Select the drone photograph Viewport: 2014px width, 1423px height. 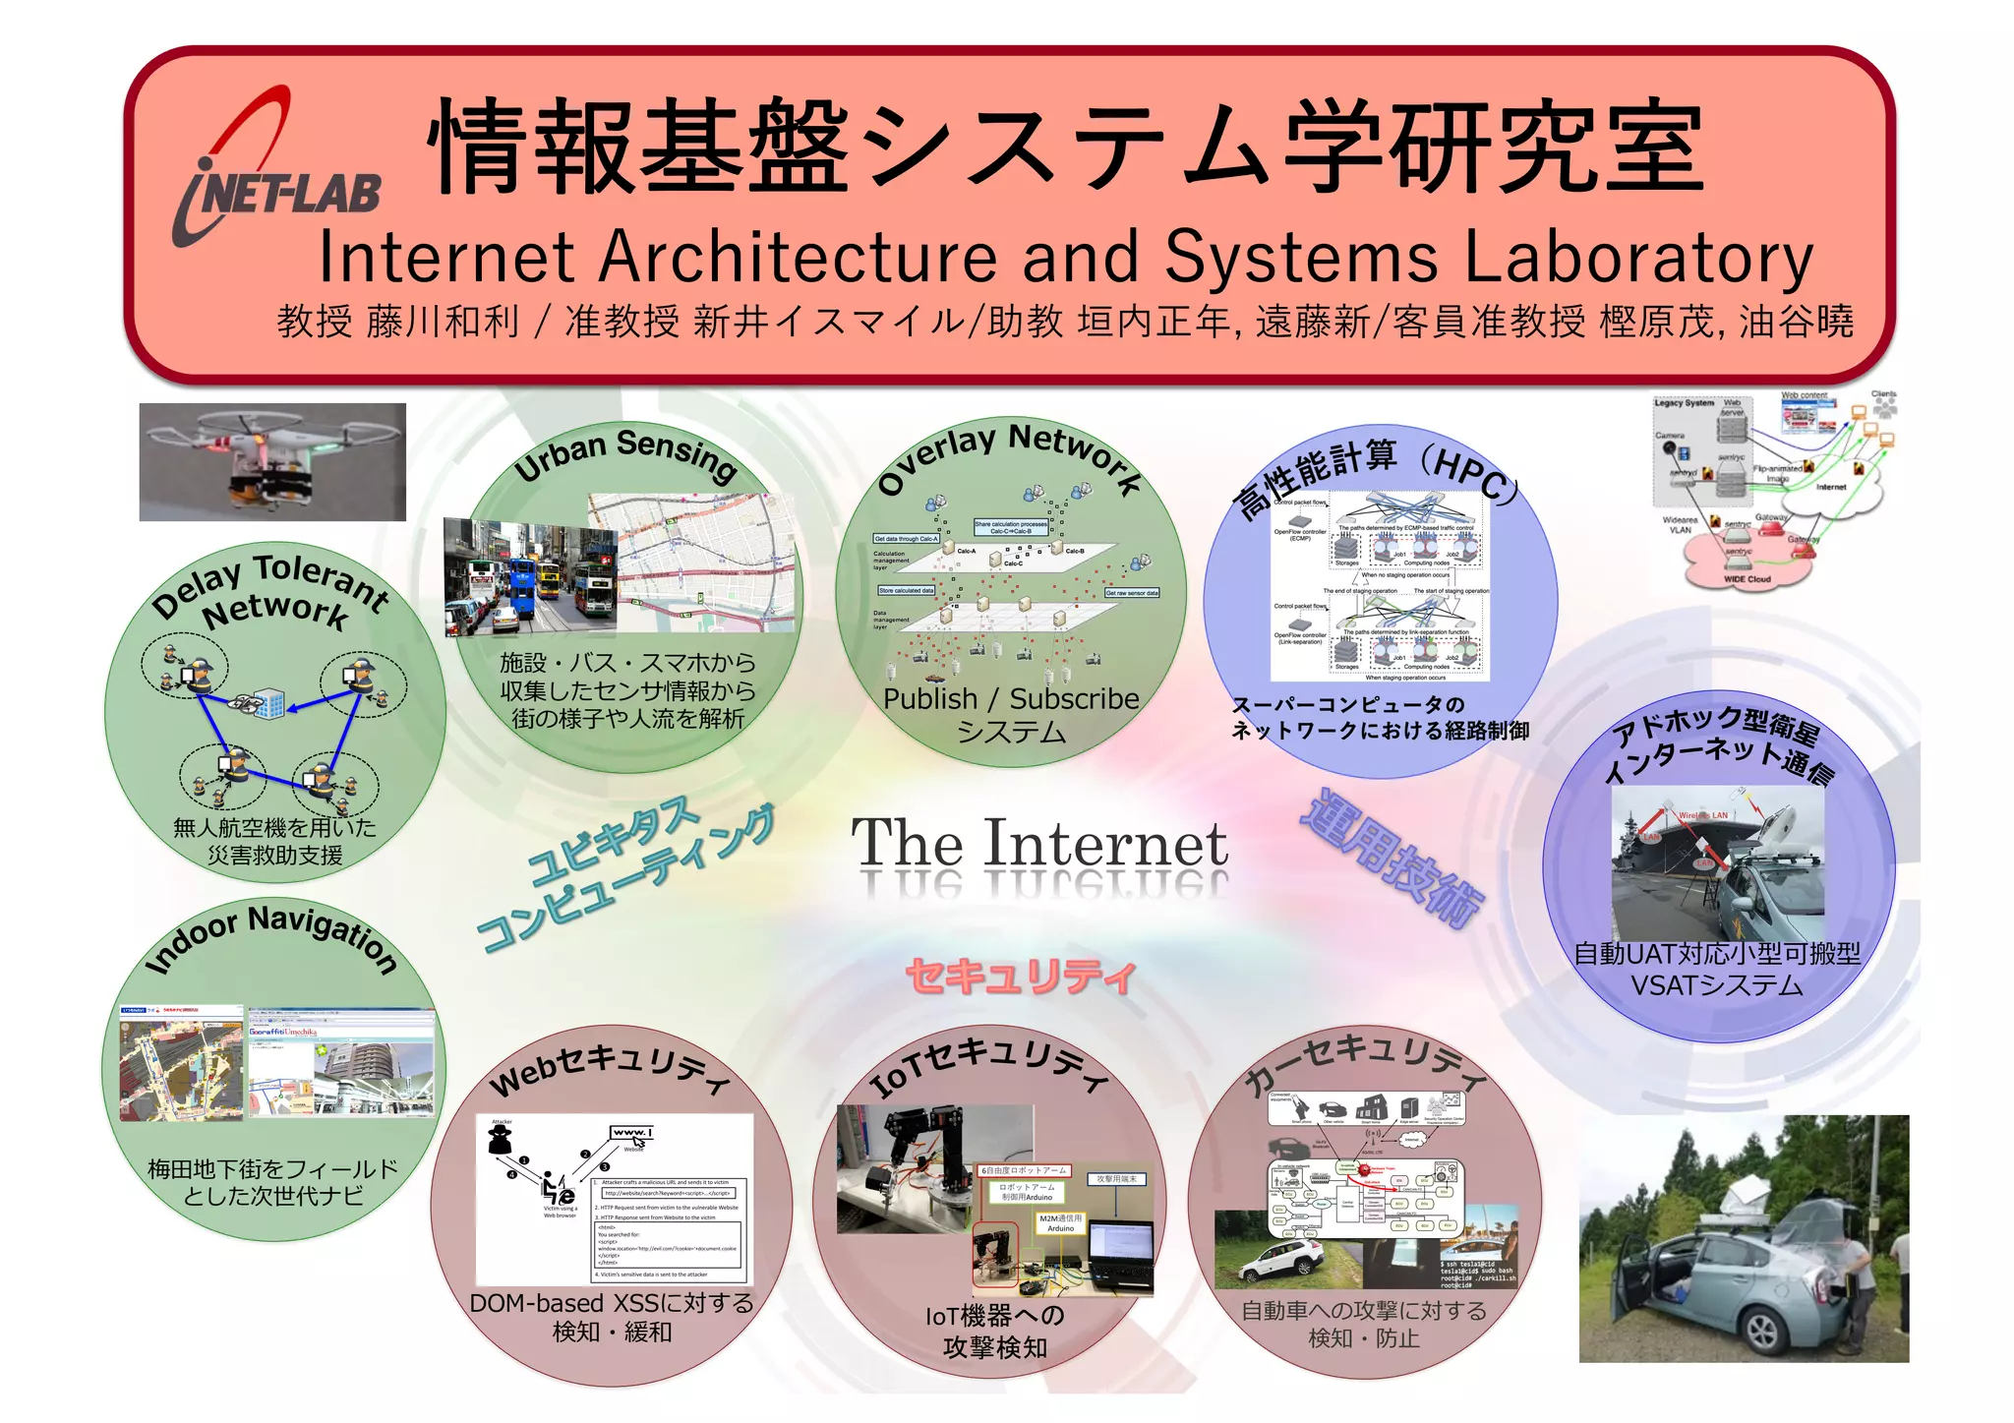pos(272,461)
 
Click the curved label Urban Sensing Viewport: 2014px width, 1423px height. pos(625,452)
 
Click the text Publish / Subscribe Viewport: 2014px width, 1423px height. pos(1011,699)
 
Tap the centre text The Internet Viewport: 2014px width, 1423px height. pos(1038,844)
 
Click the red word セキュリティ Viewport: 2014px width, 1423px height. pos(1020,977)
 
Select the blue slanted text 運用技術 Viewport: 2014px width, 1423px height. pos(1392,860)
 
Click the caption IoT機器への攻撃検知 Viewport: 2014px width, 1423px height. pos(994,1331)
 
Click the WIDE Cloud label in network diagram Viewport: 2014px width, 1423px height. pos(1747,579)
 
